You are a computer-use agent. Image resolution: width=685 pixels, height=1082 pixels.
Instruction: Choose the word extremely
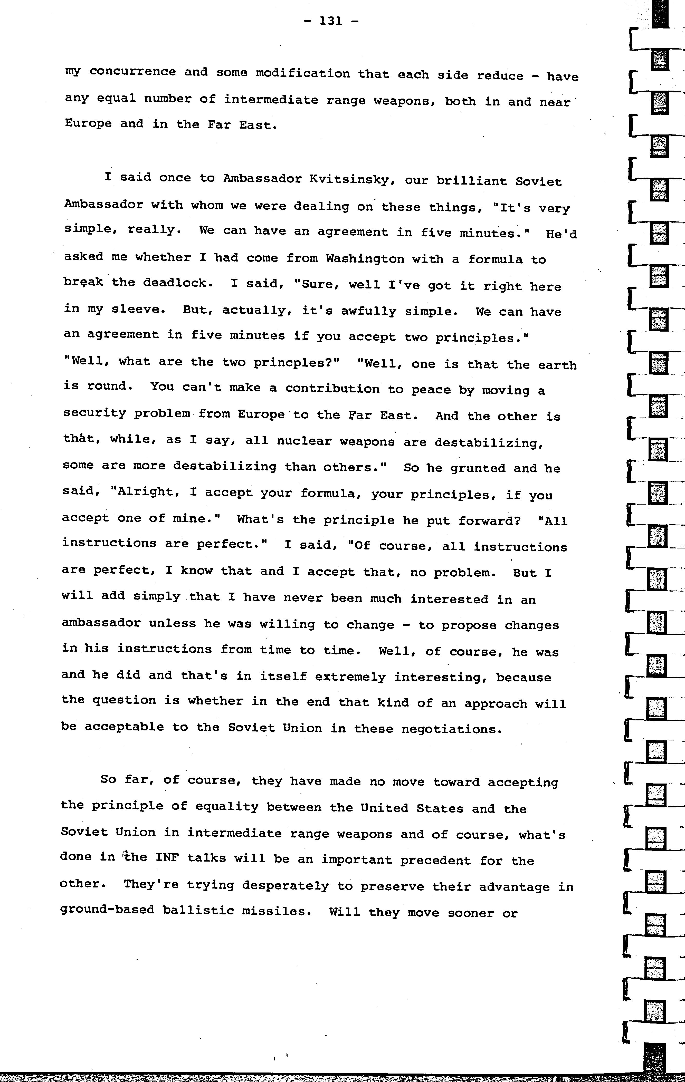(x=350, y=677)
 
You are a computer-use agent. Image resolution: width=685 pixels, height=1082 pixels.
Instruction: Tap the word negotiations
(x=451, y=729)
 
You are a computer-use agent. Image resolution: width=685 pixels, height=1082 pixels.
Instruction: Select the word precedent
(x=435, y=860)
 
